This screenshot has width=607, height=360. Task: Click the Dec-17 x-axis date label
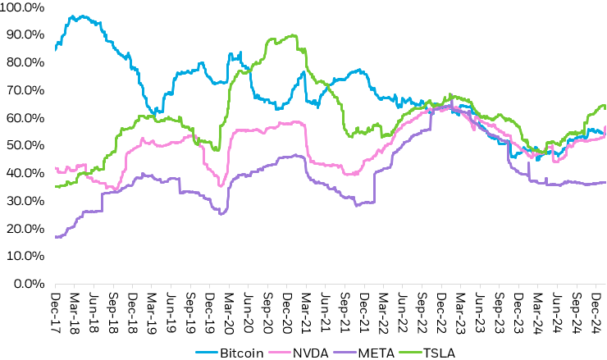(x=55, y=309)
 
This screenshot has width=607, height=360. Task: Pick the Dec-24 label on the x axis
(x=596, y=309)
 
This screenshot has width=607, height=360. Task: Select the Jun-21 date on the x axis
(x=326, y=309)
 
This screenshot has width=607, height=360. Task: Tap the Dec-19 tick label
(x=210, y=309)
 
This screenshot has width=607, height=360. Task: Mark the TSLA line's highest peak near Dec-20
(x=293, y=35)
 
